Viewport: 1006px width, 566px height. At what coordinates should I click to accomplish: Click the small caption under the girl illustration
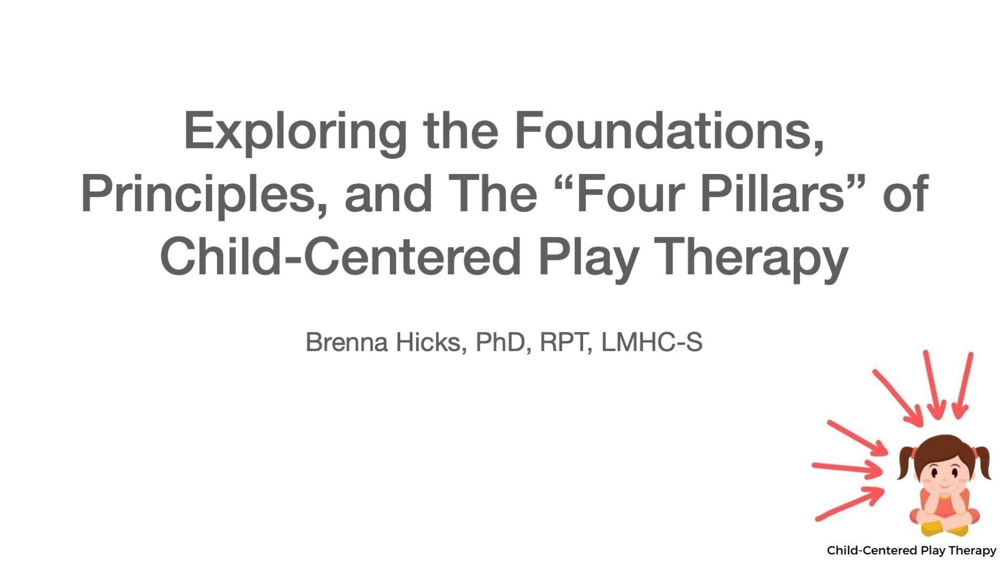[x=911, y=550]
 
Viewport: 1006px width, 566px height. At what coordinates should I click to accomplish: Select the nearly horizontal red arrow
[x=847, y=468]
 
